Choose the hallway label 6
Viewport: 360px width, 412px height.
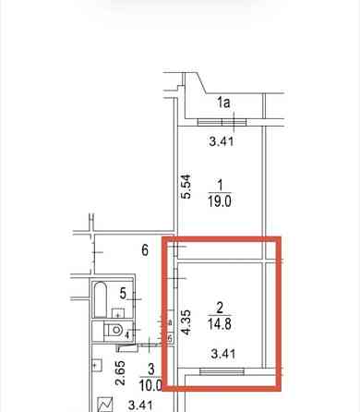[x=144, y=248]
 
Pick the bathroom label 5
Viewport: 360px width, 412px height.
[x=123, y=293]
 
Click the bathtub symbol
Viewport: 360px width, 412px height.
[x=101, y=299]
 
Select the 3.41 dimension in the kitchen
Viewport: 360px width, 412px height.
[x=139, y=405]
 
